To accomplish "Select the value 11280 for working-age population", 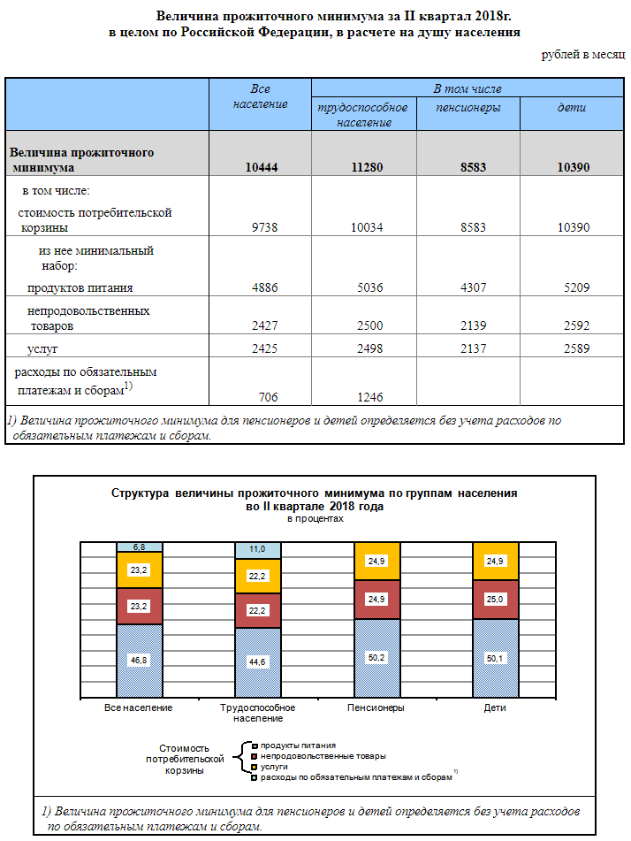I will pyautogui.click(x=364, y=167).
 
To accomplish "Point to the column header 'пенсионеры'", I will pyautogui.click(x=468, y=108).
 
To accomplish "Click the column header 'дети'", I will pyautogui.click(x=571, y=108).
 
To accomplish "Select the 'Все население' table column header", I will pyautogui.click(x=260, y=96).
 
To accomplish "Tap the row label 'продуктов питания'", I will pyautogui.click(x=80, y=287).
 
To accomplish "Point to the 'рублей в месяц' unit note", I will pyautogui.click(x=583, y=55).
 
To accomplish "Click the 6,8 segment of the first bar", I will pyautogui.click(x=139, y=547).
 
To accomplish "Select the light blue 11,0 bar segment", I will pyautogui.click(x=257, y=549).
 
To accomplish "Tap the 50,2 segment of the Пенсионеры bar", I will pyautogui.click(x=376, y=657).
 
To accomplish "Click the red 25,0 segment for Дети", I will pyautogui.click(x=496, y=599).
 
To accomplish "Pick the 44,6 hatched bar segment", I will pyautogui.click(x=257, y=661).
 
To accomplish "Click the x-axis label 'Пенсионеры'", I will pyautogui.click(x=376, y=708).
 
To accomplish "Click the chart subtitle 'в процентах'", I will pyautogui.click(x=315, y=519).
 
